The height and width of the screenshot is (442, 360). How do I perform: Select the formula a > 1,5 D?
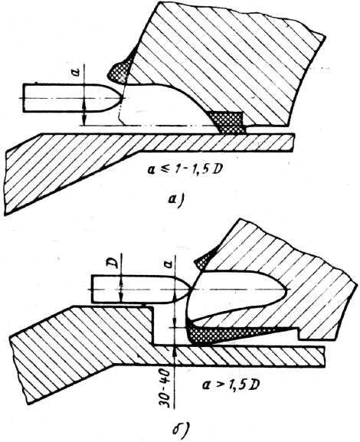231,385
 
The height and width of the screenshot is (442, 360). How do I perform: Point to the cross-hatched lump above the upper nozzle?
119,70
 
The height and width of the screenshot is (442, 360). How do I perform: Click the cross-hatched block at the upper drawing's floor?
228,122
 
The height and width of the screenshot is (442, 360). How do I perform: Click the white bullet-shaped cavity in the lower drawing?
237,293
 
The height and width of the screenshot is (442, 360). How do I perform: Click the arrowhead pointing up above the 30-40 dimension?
175,351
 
